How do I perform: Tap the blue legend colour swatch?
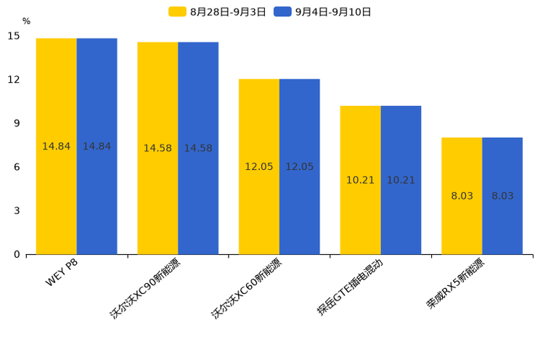(282, 12)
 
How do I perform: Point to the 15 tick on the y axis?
(14, 36)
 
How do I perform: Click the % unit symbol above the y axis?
(26, 22)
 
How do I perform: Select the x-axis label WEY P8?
(62, 273)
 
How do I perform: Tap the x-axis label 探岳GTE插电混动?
(350, 287)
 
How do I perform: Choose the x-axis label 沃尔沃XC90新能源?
(145, 289)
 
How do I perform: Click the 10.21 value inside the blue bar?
(401, 180)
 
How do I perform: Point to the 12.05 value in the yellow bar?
(259, 167)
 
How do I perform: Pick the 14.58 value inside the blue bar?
(198, 148)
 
